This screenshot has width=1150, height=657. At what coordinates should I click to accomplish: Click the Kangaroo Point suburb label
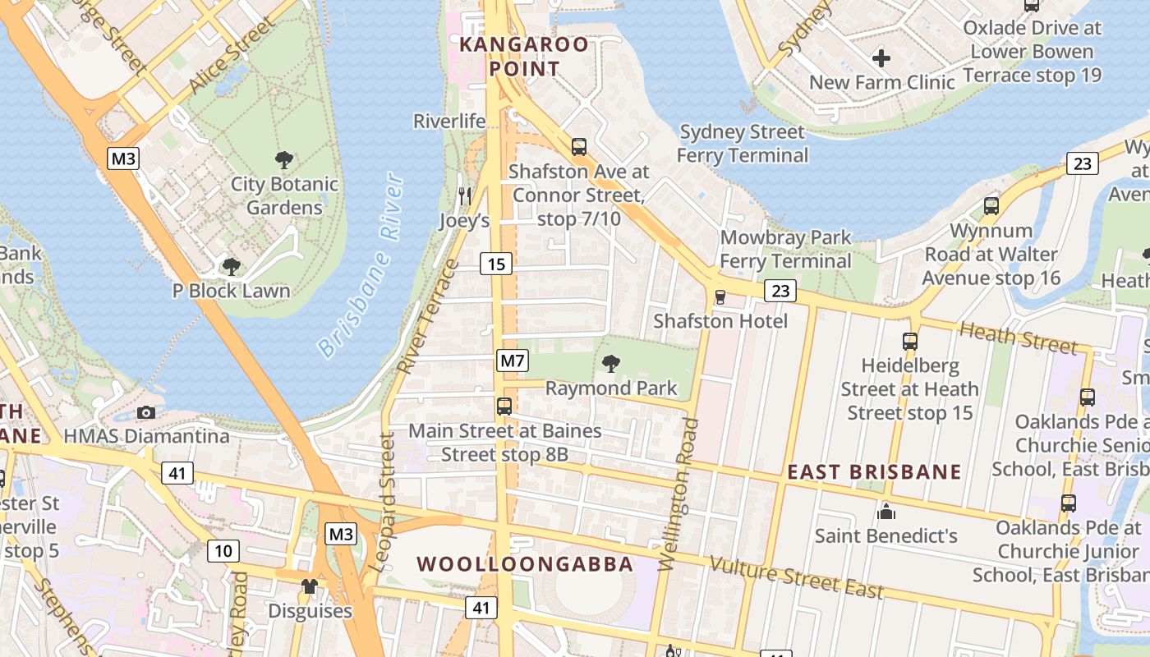(x=524, y=57)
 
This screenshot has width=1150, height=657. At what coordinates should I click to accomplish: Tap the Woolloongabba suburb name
(x=525, y=564)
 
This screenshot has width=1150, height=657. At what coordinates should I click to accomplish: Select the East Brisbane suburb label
(x=874, y=472)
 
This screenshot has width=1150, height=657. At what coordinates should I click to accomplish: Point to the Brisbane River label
(x=361, y=264)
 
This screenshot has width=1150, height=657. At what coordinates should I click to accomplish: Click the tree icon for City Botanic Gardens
(x=284, y=159)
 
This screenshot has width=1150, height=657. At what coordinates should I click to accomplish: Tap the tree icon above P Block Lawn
(x=232, y=266)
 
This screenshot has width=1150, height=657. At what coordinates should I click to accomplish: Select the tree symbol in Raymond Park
(x=611, y=363)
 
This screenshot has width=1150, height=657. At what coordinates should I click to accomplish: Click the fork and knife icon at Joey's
(x=464, y=195)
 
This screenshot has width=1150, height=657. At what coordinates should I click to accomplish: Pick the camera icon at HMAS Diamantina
(x=146, y=412)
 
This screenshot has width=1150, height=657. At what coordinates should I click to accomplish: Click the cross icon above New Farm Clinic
(x=881, y=58)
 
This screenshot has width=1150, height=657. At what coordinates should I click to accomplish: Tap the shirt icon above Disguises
(x=310, y=586)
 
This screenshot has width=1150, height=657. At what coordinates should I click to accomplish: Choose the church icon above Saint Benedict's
(x=885, y=512)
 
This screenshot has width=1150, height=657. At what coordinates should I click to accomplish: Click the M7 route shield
(x=512, y=361)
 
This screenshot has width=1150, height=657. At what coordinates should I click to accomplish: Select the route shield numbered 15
(x=495, y=264)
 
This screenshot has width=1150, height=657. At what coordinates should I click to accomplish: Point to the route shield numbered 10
(x=223, y=550)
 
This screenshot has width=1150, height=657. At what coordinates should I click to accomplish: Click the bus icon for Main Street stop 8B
(x=504, y=406)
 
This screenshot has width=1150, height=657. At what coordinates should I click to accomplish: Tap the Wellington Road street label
(x=678, y=494)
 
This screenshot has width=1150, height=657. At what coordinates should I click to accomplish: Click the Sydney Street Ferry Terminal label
(x=743, y=143)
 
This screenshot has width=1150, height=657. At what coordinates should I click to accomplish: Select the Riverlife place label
(x=449, y=122)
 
